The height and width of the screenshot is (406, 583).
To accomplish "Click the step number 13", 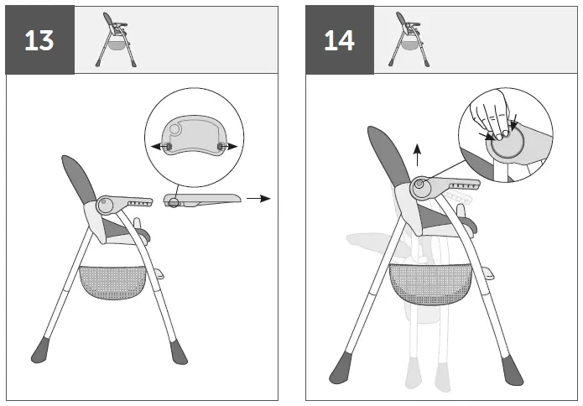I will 39,40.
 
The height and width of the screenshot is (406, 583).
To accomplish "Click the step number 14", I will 339,40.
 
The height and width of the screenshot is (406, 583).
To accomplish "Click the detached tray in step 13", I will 202,199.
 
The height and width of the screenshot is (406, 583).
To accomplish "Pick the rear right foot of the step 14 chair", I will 508,367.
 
